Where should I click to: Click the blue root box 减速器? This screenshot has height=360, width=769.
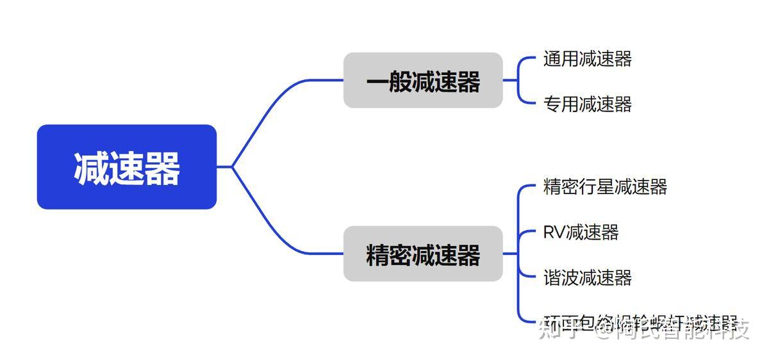pos(127,167)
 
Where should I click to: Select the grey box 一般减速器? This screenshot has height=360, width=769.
pos(423,81)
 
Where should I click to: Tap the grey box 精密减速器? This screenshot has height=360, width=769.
pos(423,254)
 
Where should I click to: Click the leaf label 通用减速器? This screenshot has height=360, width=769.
pos(587,59)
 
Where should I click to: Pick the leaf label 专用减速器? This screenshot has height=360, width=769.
pos(587,104)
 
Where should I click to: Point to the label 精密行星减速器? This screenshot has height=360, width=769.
pos(605,187)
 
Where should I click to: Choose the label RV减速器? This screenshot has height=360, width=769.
pos(581,232)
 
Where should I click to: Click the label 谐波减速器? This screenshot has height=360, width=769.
pos(587,277)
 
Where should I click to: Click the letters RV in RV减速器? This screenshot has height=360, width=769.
pos(554,232)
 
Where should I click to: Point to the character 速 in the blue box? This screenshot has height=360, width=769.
pos(127,168)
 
